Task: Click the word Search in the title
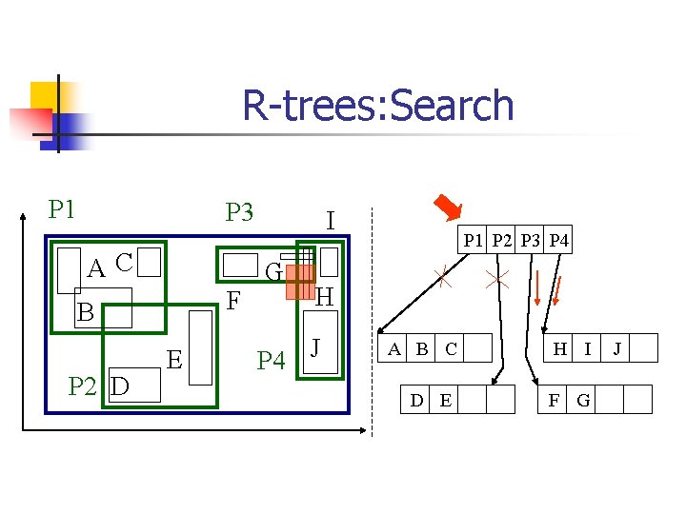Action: (447, 106)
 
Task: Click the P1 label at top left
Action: (63, 208)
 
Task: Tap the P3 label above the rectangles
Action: (239, 211)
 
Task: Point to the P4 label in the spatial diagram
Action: (272, 361)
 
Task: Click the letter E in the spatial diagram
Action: (174, 359)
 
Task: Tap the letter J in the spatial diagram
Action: (318, 342)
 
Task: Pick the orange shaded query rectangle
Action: (299, 282)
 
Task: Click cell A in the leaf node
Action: (393, 348)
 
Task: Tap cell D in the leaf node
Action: (416, 400)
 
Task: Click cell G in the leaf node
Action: (583, 400)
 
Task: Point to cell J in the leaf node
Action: (616, 348)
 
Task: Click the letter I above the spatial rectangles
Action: (329, 222)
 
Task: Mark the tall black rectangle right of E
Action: (201, 346)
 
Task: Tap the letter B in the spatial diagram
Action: (86, 312)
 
